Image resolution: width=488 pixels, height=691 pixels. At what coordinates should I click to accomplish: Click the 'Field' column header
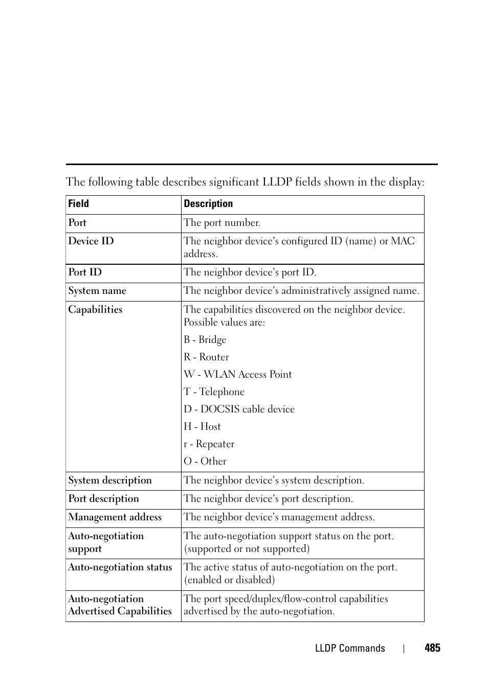(x=78, y=204)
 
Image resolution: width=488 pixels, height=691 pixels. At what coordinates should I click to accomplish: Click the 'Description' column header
(x=208, y=204)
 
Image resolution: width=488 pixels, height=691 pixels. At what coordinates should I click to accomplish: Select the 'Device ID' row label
(x=91, y=241)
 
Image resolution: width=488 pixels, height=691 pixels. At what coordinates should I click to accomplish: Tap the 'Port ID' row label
(x=85, y=272)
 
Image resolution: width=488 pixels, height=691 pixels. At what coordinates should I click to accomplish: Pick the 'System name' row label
(x=97, y=291)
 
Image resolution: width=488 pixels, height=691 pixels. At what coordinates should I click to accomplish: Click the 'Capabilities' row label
(x=95, y=310)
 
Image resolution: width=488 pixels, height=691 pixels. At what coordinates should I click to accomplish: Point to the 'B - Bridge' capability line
(x=205, y=340)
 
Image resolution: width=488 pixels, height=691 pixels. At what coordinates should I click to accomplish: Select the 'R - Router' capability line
(x=206, y=357)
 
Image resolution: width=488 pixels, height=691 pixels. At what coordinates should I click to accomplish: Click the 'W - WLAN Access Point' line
(x=238, y=375)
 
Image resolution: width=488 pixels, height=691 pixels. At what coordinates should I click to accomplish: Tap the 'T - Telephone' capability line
(x=214, y=392)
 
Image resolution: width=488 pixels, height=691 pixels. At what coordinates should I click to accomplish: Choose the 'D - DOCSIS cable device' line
(x=239, y=409)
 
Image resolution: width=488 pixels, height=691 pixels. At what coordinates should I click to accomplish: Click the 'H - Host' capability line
(x=202, y=427)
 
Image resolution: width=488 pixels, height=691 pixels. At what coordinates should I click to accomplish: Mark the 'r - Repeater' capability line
(x=209, y=444)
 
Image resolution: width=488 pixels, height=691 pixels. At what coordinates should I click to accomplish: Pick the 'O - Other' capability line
(x=205, y=462)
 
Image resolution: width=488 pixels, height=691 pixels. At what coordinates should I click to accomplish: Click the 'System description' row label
(x=110, y=480)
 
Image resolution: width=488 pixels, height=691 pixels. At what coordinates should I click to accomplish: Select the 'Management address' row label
(x=115, y=517)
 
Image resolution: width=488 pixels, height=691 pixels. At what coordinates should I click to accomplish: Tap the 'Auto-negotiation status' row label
(x=120, y=567)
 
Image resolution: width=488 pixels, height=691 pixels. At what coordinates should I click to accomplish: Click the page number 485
(x=432, y=648)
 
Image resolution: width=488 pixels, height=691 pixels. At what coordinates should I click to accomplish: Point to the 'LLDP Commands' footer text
(x=350, y=648)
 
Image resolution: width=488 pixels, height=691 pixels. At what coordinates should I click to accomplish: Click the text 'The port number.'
(x=222, y=223)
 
